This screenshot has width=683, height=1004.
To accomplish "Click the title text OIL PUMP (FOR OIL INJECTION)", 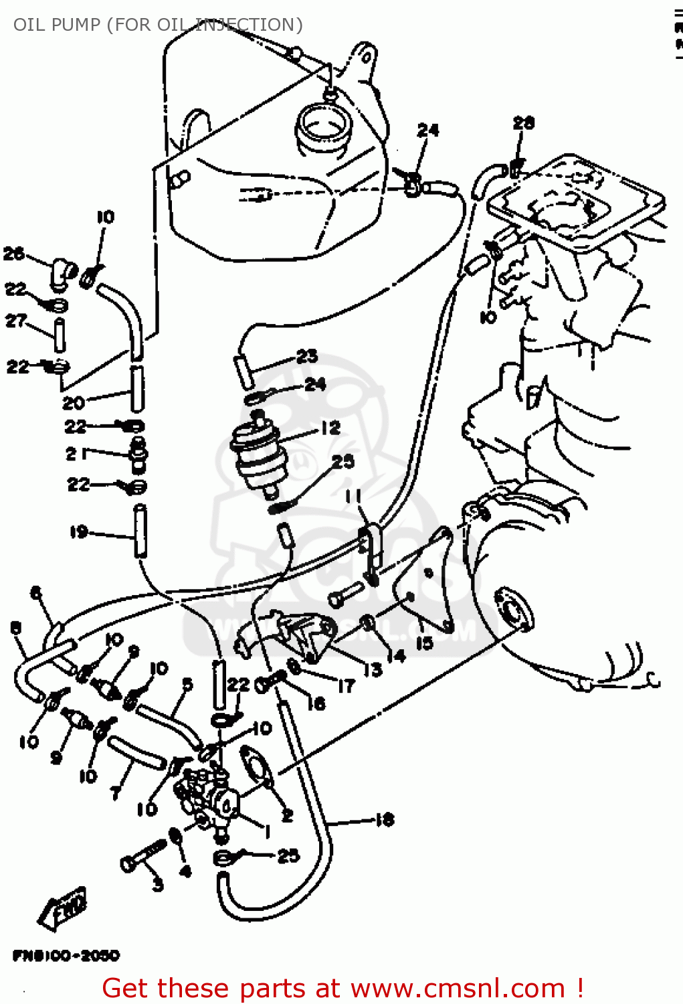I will [x=158, y=25].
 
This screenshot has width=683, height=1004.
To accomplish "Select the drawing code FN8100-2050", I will [x=66, y=955].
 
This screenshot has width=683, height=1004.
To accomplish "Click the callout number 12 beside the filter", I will [x=330, y=428].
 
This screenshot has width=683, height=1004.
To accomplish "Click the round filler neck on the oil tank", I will [x=322, y=127].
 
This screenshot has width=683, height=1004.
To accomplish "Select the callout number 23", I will [x=307, y=356].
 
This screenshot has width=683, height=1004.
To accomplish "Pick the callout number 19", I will [x=79, y=531].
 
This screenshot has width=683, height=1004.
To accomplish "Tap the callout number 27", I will [x=15, y=321].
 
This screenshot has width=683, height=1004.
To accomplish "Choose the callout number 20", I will [x=74, y=402].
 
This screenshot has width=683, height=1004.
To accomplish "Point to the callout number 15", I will [x=424, y=643].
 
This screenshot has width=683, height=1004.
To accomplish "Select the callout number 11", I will [x=353, y=496].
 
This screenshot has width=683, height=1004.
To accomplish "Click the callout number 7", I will [x=116, y=792].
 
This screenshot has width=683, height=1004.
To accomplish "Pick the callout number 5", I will [x=187, y=683].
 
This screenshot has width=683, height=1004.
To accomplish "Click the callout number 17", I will [x=345, y=685].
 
